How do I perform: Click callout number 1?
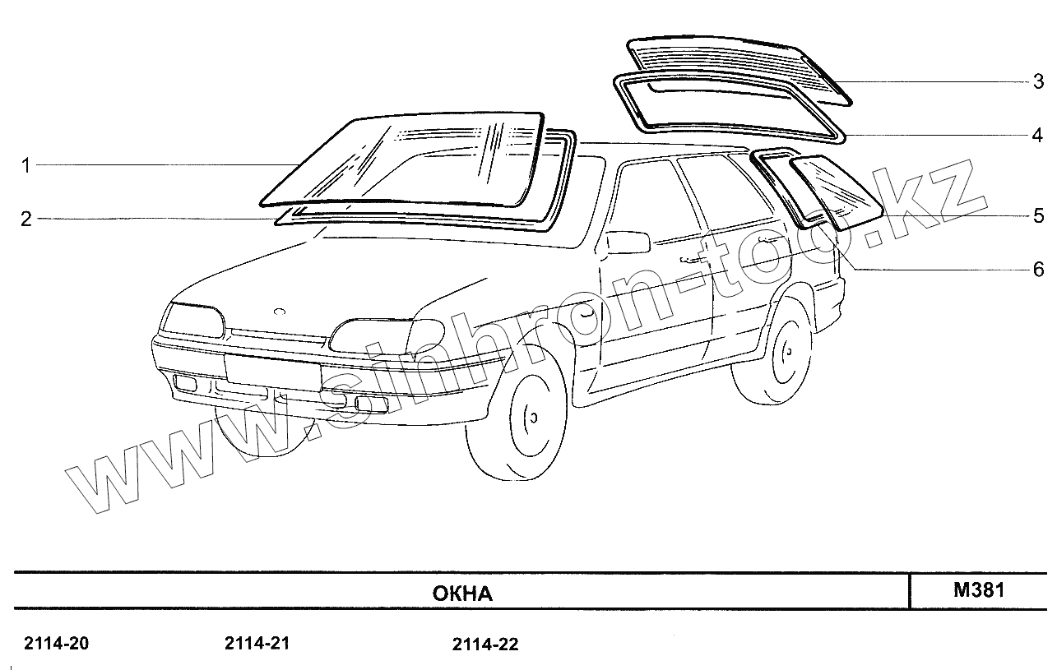25,166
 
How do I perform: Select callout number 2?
25,219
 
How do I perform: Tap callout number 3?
1039,81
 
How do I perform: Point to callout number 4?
1039,134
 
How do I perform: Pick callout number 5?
1039,216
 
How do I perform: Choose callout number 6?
1039,269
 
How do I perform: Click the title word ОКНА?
462,594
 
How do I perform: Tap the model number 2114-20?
57,644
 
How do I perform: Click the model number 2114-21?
257,644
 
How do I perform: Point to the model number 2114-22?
485,645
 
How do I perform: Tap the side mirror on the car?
627,242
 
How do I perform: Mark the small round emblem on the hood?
279,312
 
